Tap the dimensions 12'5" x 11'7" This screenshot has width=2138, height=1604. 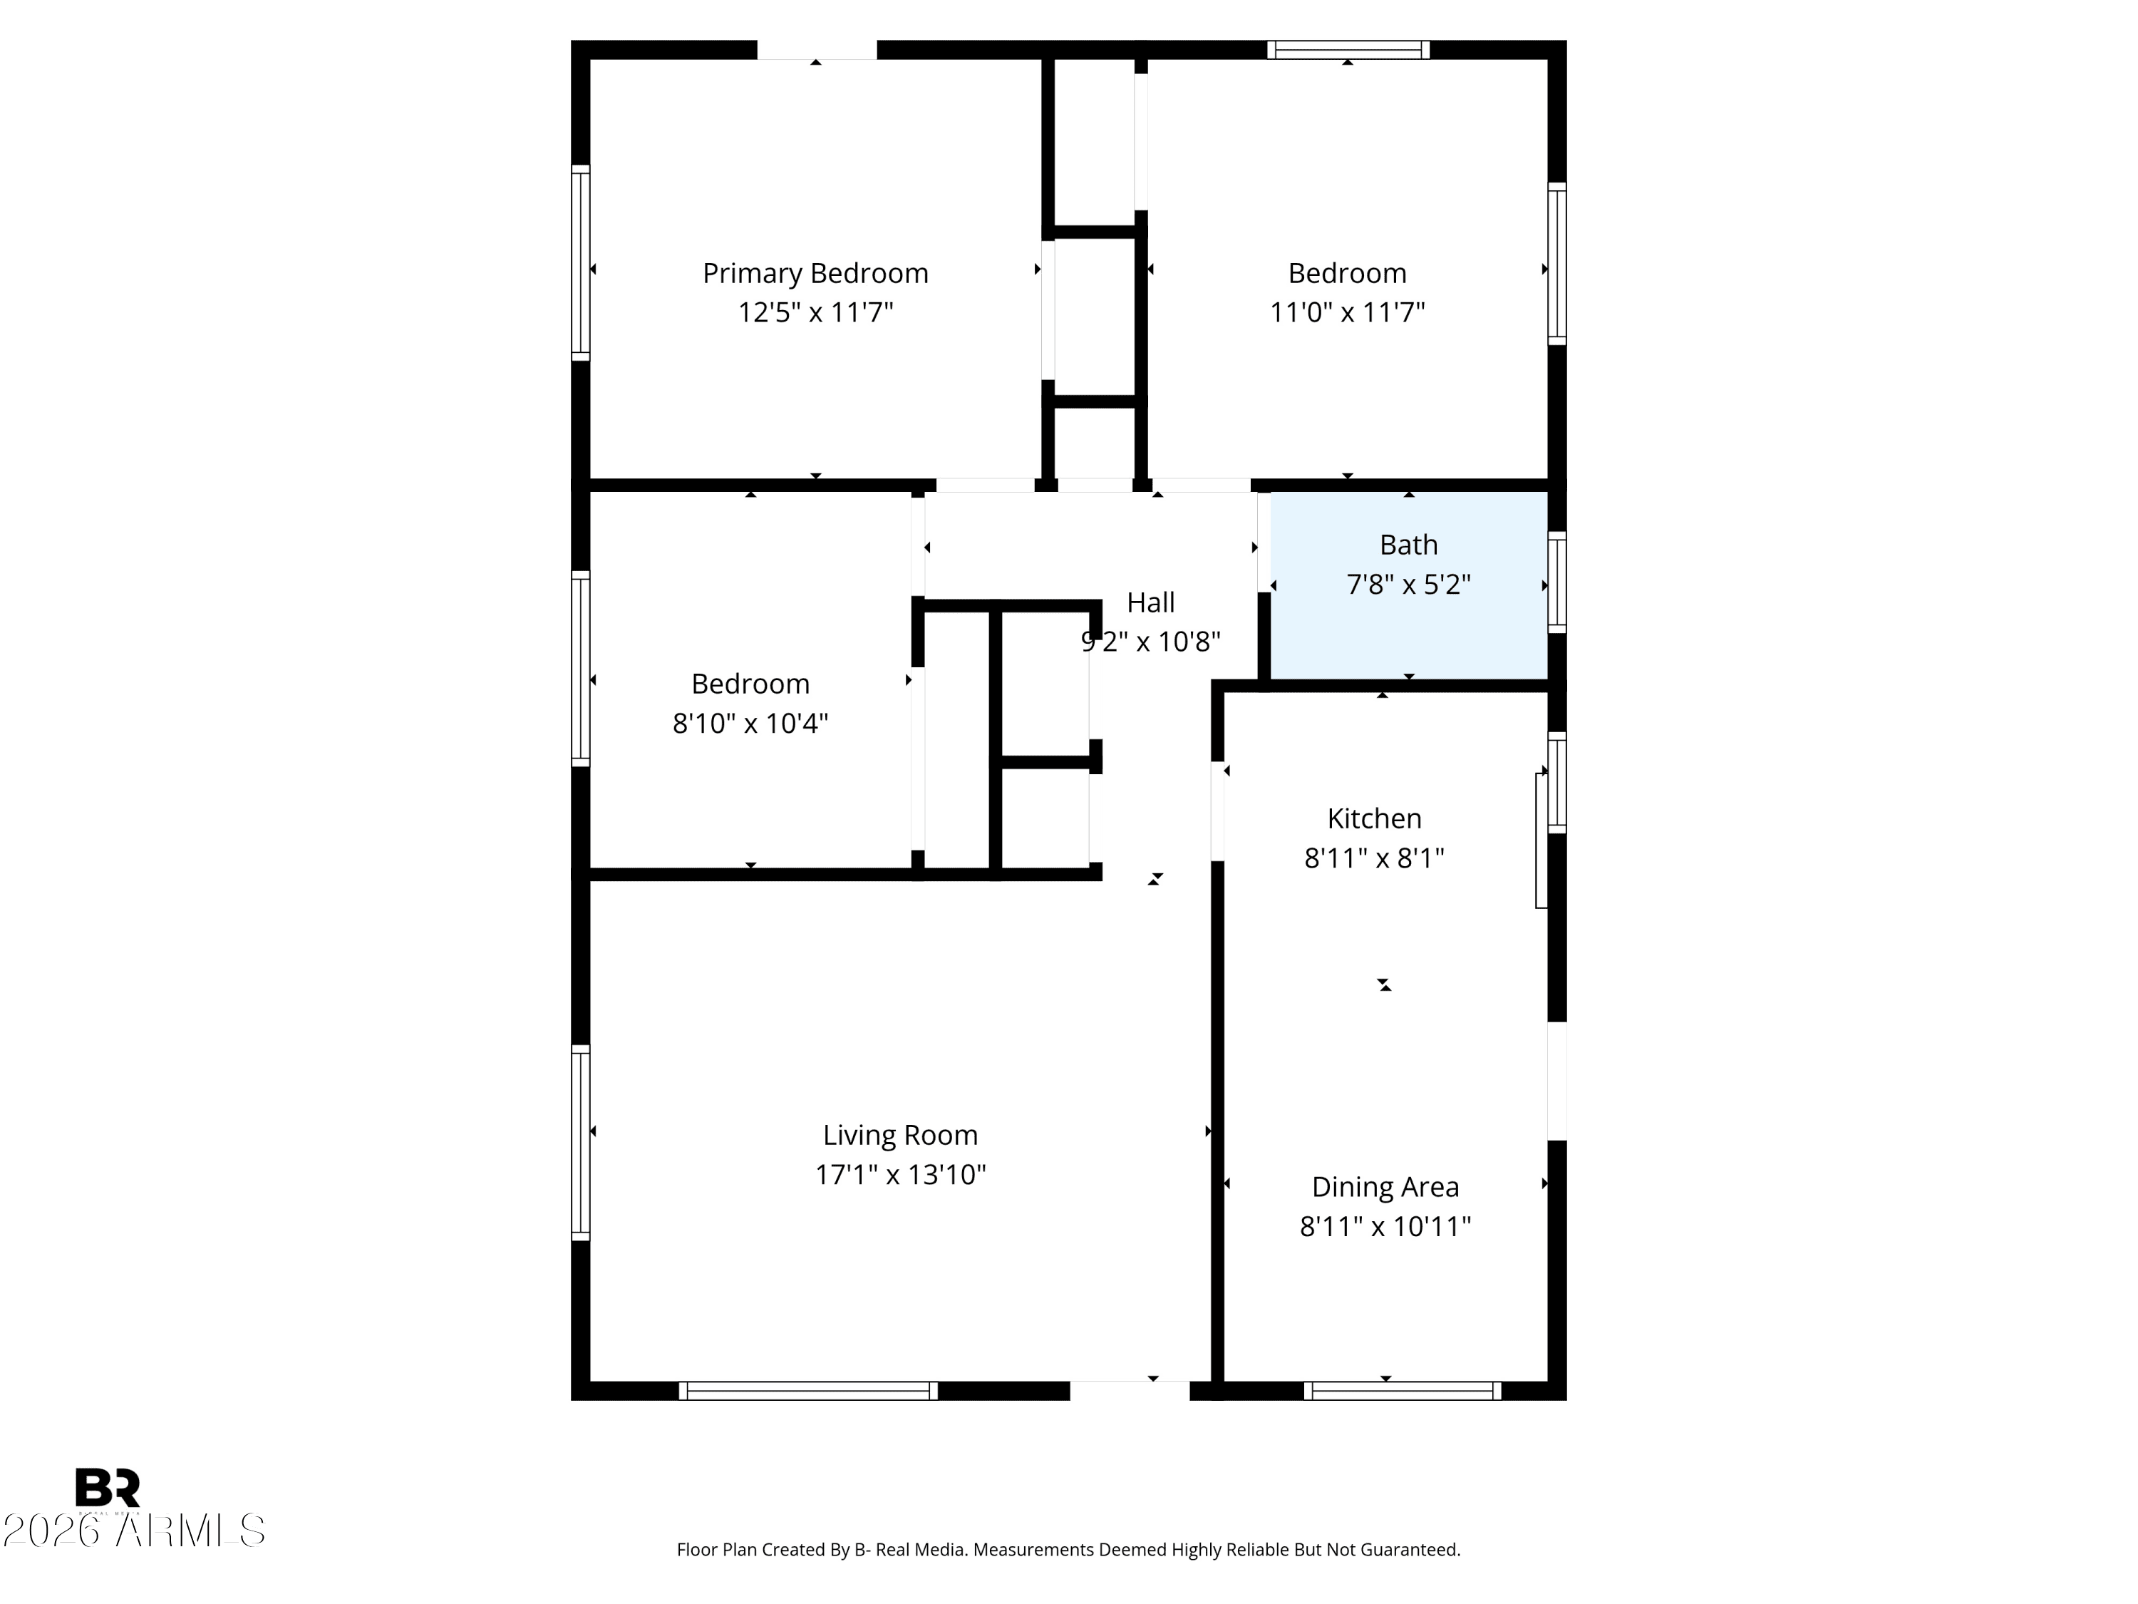(x=816, y=312)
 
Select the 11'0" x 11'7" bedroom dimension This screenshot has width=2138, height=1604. (x=1348, y=312)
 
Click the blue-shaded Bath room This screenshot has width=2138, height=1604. (x=1408, y=585)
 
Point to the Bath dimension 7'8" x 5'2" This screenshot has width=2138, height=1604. (x=1408, y=584)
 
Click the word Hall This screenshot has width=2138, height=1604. (x=1150, y=602)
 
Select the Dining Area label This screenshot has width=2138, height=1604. (x=1385, y=1187)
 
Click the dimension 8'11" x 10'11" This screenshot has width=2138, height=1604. (x=1385, y=1226)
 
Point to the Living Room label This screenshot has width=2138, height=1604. (x=900, y=1135)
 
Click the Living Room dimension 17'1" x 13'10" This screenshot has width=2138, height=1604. (x=900, y=1173)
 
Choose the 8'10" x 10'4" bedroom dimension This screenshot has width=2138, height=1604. (x=750, y=723)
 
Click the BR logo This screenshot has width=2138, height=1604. (x=108, y=1488)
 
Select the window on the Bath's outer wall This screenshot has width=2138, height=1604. (x=1556, y=583)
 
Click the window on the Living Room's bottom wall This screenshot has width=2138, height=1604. (x=808, y=1390)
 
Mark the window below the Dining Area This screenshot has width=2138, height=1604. (x=1403, y=1390)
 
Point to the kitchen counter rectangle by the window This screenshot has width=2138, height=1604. (x=1541, y=840)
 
